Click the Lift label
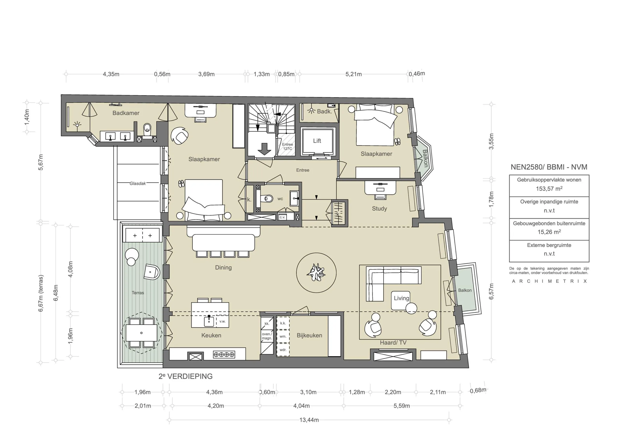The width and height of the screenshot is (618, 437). [x=317, y=141]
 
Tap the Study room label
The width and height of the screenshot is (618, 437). [x=379, y=208]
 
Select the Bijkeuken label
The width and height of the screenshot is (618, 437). [x=309, y=336]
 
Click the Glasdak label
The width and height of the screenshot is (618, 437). [x=138, y=184]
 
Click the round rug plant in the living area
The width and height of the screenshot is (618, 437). [x=316, y=273]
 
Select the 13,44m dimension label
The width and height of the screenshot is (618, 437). [x=309, y=420]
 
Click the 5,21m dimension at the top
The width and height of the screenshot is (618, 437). [x=353, y=74]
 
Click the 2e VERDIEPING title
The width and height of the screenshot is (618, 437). [x=185, y=376]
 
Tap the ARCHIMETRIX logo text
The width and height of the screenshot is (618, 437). [x=549, y=281]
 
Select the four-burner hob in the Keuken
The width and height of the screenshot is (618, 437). [x=224, y=355]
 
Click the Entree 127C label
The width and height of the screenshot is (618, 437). [x=287, y=146]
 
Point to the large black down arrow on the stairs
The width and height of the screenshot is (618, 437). [x=264, y=149]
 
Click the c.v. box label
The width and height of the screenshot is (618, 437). [x=282, y=217]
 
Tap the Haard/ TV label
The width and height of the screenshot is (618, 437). [x=393, y=343]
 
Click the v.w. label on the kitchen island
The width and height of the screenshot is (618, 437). [x=222, y=322]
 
